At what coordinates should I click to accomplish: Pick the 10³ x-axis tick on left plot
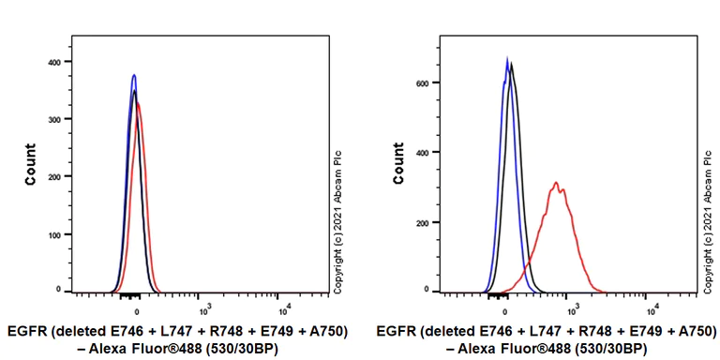coord(204,307)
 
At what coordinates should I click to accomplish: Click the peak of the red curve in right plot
coord(556,183)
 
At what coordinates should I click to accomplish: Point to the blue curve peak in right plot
coord(507,58)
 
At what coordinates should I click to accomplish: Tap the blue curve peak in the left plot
coord(134,75)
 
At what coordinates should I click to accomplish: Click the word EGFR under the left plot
coord(26,331)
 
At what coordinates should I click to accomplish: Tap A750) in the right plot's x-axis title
coord(690,331)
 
